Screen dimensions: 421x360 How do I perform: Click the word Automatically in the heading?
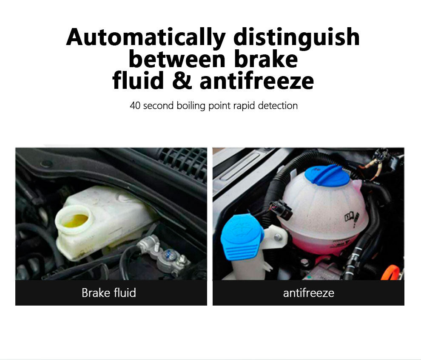point(146,37)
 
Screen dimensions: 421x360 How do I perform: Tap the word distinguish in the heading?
point(296,37)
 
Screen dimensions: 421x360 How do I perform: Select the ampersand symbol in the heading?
point(182,80)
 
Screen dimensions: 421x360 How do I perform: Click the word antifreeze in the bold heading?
point(257,80)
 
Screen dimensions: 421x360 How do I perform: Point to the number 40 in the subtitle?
point(135,106)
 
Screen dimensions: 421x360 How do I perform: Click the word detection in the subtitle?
point(278,106)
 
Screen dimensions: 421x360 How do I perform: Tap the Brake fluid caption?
point(109,293)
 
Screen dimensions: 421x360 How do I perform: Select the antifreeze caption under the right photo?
point(308,293)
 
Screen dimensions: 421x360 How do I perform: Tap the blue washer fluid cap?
point(242,238)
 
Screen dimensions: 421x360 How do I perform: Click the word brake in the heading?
point(266,59)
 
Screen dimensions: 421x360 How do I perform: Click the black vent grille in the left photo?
point(182,161)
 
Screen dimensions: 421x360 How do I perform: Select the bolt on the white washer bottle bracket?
point(278,237)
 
